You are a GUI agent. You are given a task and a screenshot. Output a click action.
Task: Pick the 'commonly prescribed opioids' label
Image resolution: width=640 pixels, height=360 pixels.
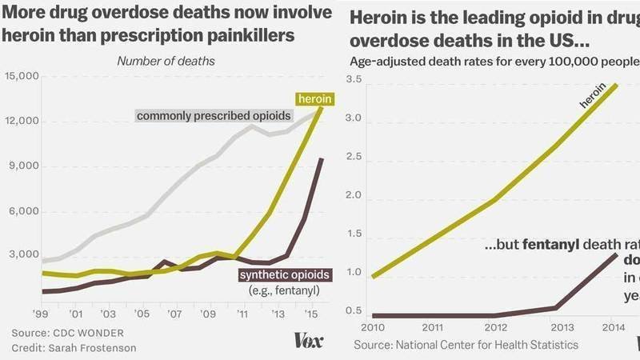[214, 116]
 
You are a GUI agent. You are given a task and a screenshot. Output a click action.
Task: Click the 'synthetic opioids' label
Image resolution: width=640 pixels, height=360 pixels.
[286, 275]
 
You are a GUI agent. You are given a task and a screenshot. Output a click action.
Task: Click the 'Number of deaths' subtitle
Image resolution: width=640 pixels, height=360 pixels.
[166, 61]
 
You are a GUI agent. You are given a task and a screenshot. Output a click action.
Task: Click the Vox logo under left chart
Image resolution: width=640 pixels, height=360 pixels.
[309, 340]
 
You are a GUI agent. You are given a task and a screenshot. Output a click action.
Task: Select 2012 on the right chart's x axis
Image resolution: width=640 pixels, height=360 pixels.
[496, 326]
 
